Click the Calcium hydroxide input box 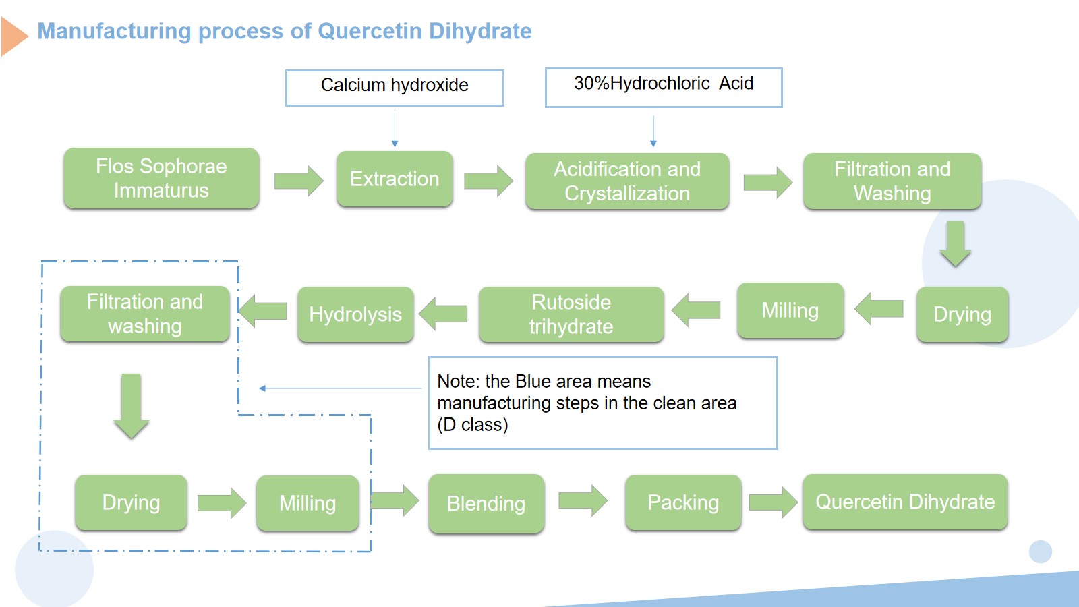[395, 88]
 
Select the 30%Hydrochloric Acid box [664, 87]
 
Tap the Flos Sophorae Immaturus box [161, 178]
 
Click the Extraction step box [395, 179]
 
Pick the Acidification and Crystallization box [627, 181]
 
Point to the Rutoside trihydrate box [571, 314]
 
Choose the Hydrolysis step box [355, 314]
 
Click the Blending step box [486, 503]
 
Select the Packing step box [683, 502]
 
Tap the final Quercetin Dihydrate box [905, 502]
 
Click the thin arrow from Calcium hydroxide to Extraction [395, 129]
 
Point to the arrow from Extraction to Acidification [488, 181]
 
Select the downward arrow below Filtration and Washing [955, 244]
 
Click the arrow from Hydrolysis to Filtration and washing [263, 311]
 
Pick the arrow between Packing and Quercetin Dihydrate [774, 502]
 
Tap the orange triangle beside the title [13, 36]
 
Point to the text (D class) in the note [473, 424]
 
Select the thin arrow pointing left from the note [340, 388]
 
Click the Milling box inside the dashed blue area [308, 503]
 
